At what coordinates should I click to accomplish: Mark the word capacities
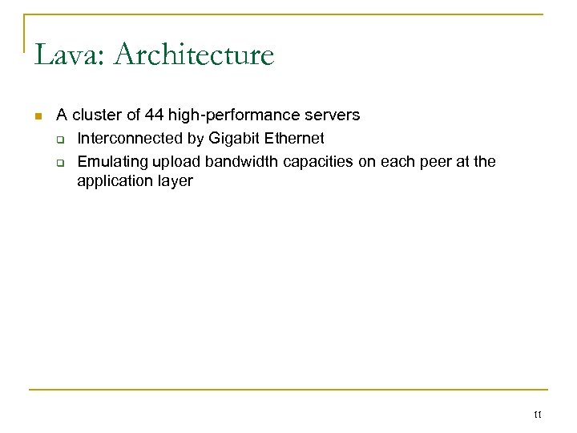point(313,161)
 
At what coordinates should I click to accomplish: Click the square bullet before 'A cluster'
point(38,118)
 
